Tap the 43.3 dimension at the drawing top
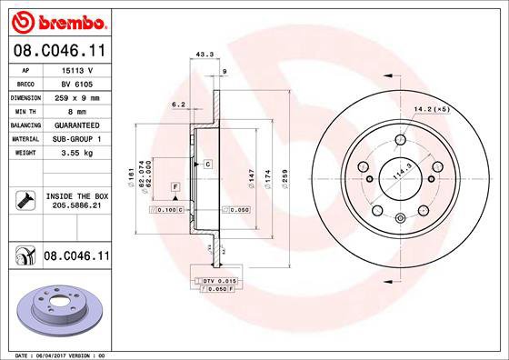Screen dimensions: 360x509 coord(205,55)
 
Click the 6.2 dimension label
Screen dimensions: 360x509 coord(179,105)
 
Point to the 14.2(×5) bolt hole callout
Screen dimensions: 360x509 coord(432,110)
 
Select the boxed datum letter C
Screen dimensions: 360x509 coord(207,164)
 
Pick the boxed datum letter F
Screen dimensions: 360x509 coord(174,186)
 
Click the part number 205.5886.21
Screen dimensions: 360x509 coord(75,206)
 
